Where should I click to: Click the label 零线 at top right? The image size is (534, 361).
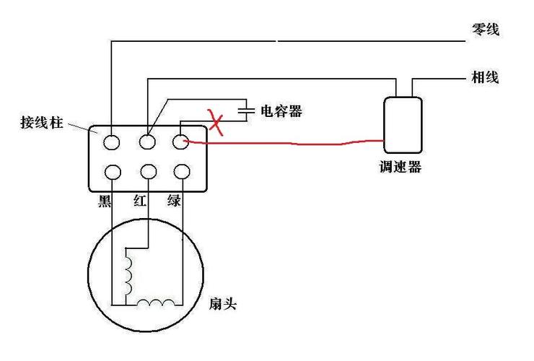485,30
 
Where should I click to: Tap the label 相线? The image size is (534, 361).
485,77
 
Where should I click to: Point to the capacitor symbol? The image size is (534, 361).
246,111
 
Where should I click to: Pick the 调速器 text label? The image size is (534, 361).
400,168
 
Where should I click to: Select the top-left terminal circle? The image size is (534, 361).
112,142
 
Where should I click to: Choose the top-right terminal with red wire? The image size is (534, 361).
180,142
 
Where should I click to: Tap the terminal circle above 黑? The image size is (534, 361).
112,173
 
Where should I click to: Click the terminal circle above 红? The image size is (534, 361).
148,173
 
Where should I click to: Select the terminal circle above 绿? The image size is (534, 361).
180,173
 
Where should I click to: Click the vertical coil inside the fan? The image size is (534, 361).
129,272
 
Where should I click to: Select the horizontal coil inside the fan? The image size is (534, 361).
157,303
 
